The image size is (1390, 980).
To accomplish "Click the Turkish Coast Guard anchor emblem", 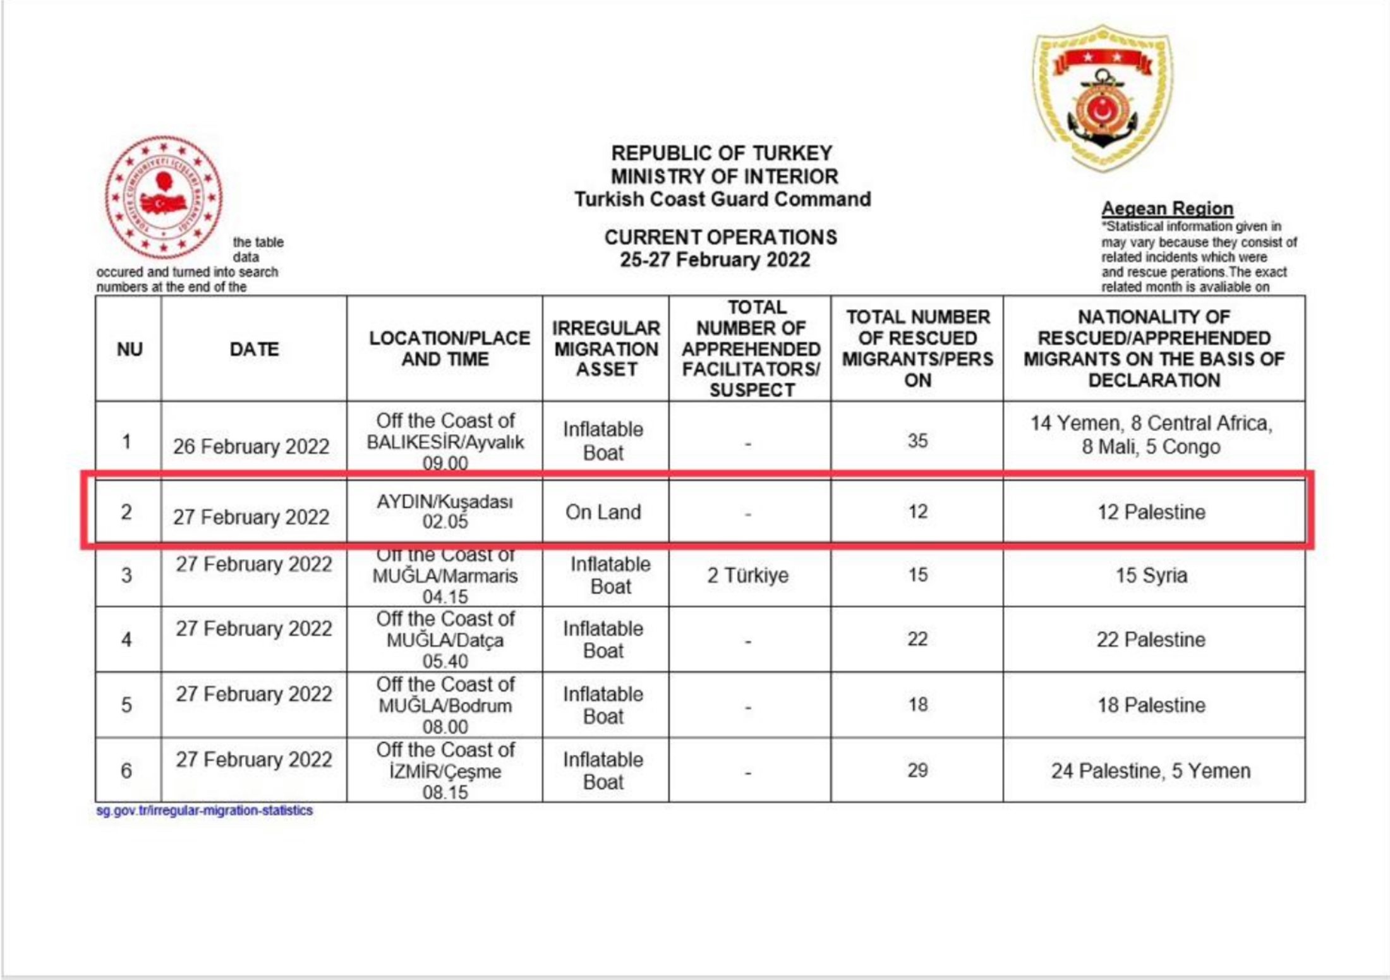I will tap(1103, 98).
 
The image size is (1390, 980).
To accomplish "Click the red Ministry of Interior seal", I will tap(164, 197).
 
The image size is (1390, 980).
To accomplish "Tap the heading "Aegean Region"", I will tap(1167, 209).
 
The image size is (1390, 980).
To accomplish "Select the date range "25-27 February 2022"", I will tap(715, 260).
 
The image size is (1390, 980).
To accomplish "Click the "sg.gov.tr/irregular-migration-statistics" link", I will tap(204, 811).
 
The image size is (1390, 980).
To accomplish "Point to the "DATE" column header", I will tap(254, 349).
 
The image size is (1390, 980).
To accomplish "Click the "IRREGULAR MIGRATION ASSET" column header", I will tap(605, 349).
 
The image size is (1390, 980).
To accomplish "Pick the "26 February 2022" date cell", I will tap(251, 446).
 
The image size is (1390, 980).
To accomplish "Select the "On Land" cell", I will tap(603, 512).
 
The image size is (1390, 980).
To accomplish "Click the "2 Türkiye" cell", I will tap(748, 576).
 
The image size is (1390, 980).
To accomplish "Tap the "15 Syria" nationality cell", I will tap(1151, 576).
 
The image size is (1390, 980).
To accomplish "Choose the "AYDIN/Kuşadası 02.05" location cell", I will tap(445, 511).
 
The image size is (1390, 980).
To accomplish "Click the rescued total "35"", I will tap(917, 440).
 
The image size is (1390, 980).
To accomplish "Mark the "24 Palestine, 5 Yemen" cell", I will tap(1151, 771).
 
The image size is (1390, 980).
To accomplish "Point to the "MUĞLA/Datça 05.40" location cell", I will tap(445, 640).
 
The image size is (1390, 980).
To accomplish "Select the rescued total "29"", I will tap(917, 770).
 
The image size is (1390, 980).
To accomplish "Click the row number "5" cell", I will tap(126, 705).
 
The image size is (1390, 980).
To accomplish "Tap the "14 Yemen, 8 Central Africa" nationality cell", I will tap(1151, 435).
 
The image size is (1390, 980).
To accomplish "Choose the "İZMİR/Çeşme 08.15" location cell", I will tap(445, 771).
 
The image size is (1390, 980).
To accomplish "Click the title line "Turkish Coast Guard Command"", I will tap(722, 199).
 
